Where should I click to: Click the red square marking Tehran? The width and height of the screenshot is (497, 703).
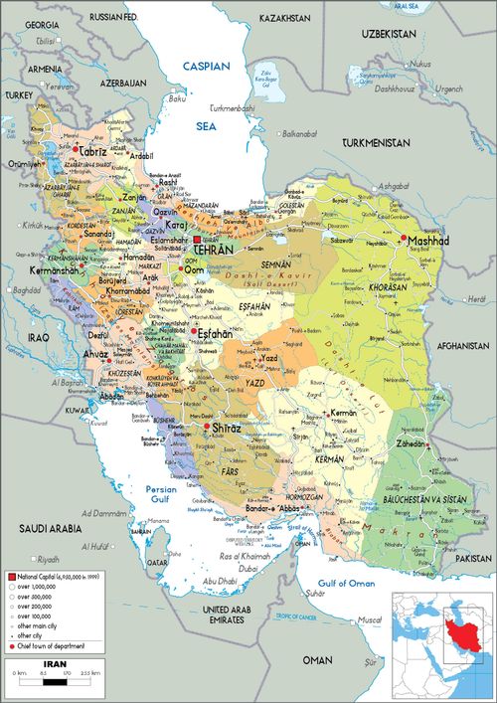(x=198, y=242)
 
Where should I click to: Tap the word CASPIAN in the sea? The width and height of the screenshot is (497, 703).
(x=206, y=66)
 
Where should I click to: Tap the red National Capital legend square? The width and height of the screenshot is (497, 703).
(x=12, y=577)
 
